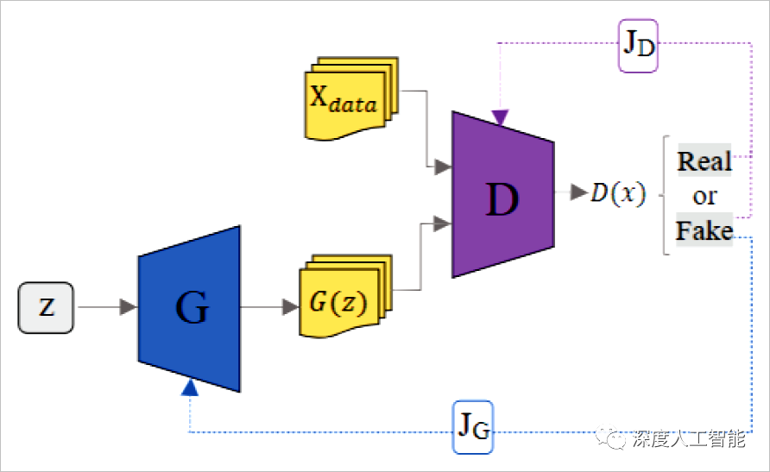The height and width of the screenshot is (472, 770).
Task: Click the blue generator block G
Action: pyautogui.click(x=189, y=308)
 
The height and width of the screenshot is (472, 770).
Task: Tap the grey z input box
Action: pyautogui.click(x=47, y=307)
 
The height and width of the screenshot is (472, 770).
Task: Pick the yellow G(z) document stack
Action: pyautogui.click(x=342, y=299)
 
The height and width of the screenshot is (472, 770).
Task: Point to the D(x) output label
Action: pyautogui.click(x=618, y=193)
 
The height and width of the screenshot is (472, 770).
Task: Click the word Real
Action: pyautogui.click(x=704, y=161)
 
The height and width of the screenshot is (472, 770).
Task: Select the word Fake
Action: pyautogui.click(x=704, y=231)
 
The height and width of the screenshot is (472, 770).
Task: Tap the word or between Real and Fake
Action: pyautogui.click(x=704, y=196)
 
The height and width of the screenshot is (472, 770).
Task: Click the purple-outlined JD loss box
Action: pyautogui.click(x=639, y=45)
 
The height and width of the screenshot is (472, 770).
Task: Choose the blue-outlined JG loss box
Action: pyautogui.click(x=473, y=426)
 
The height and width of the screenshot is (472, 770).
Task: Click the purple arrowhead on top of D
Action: pyautogui.click(x=500, y=117)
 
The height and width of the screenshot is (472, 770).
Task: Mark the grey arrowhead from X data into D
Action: pyautogui.click(x=444, y=167)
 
